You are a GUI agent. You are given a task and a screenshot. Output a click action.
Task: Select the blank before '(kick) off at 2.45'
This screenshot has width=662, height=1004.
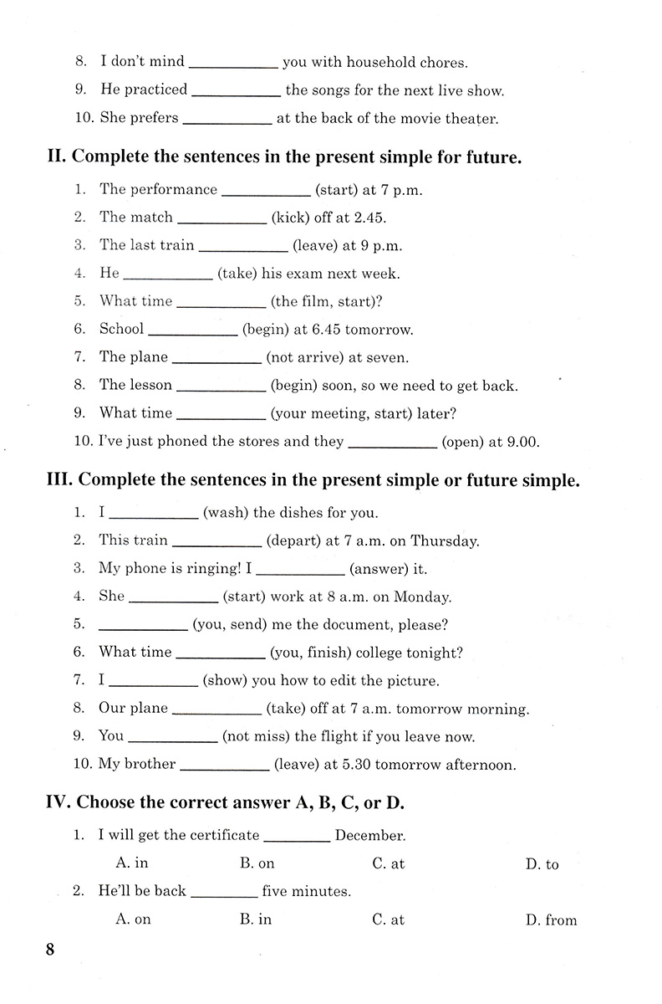click(222, 218)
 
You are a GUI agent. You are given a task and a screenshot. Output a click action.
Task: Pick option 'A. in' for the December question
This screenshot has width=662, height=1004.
click(132, 863)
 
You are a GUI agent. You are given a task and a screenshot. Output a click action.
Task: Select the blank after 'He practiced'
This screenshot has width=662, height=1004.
click(236, 90)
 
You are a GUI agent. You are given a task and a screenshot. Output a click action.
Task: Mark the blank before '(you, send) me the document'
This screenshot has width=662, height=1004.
click(142, 625)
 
